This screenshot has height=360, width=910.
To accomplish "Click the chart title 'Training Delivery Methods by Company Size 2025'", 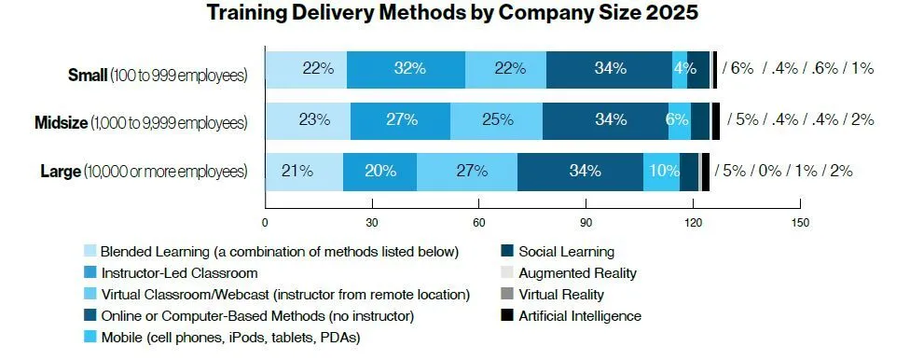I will point(454,13).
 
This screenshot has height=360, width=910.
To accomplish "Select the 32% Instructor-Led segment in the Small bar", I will point(406,70).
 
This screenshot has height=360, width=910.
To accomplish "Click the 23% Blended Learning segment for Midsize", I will point(308,120).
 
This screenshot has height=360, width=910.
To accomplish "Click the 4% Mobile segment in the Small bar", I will point(680,70).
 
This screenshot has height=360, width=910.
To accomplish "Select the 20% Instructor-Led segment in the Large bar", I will point(379,172).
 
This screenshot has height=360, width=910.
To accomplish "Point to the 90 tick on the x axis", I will point(586,224).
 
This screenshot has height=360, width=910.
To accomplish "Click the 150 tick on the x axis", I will point(799,224).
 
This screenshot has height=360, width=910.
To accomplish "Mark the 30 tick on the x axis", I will point(372,224).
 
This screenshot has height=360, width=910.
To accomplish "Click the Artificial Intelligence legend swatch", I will point(508,316).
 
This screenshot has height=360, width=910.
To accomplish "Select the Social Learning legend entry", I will point(566,251).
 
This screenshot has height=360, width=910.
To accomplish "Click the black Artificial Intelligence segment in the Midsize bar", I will point(716,120).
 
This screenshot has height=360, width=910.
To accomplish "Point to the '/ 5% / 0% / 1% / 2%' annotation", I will point(783,171).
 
